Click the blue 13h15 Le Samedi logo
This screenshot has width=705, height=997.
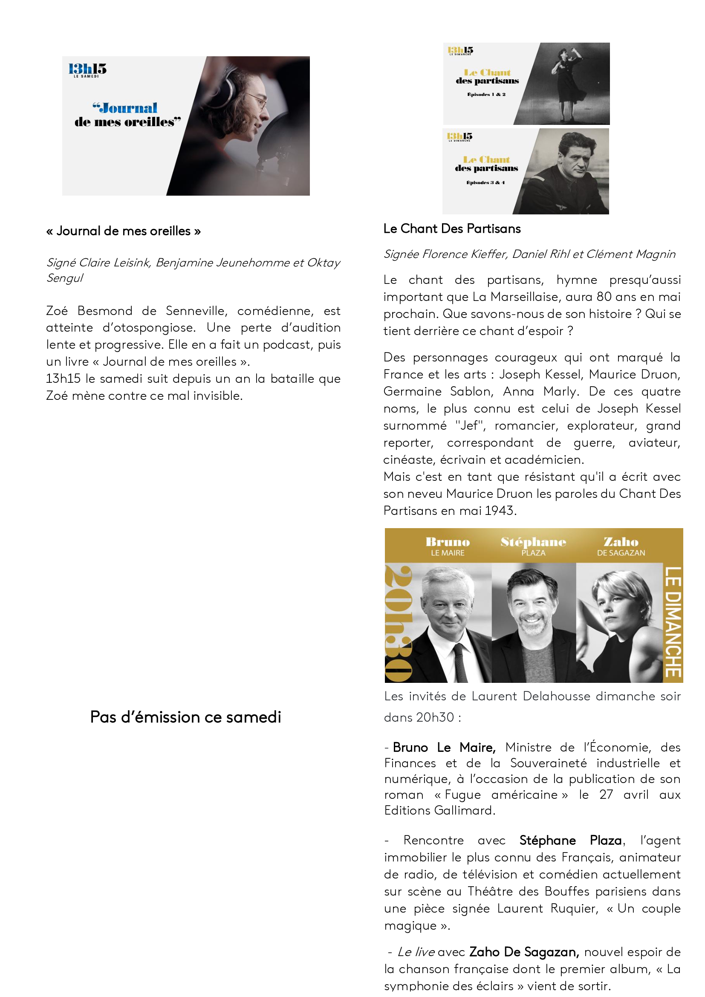point(87,70)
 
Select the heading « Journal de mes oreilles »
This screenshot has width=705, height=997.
point(124,231)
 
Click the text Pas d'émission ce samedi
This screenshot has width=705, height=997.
point(185,717)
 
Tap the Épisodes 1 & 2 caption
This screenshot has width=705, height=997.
point(486,94)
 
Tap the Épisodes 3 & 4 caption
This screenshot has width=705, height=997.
point(485,182)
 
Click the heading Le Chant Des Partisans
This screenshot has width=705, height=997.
point(452,229)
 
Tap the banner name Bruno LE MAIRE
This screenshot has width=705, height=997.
point(448,546)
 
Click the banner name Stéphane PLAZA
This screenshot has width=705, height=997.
point(533,546)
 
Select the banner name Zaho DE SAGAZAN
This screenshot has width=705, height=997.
point(621,546)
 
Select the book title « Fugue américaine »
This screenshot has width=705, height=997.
point(501,795)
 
